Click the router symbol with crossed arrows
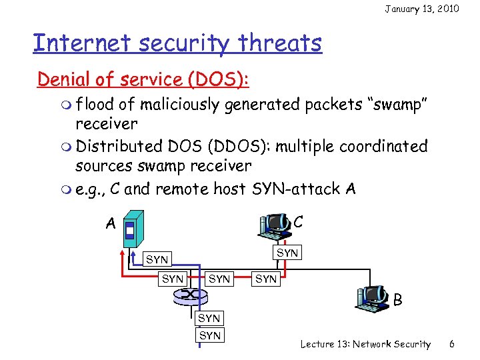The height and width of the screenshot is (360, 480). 191,294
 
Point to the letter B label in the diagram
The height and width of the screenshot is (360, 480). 397,301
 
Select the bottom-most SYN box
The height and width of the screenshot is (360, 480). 210,335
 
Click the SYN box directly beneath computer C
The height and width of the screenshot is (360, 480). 287,253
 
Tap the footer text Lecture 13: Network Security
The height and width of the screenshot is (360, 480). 365,344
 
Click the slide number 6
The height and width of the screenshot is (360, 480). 451,344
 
